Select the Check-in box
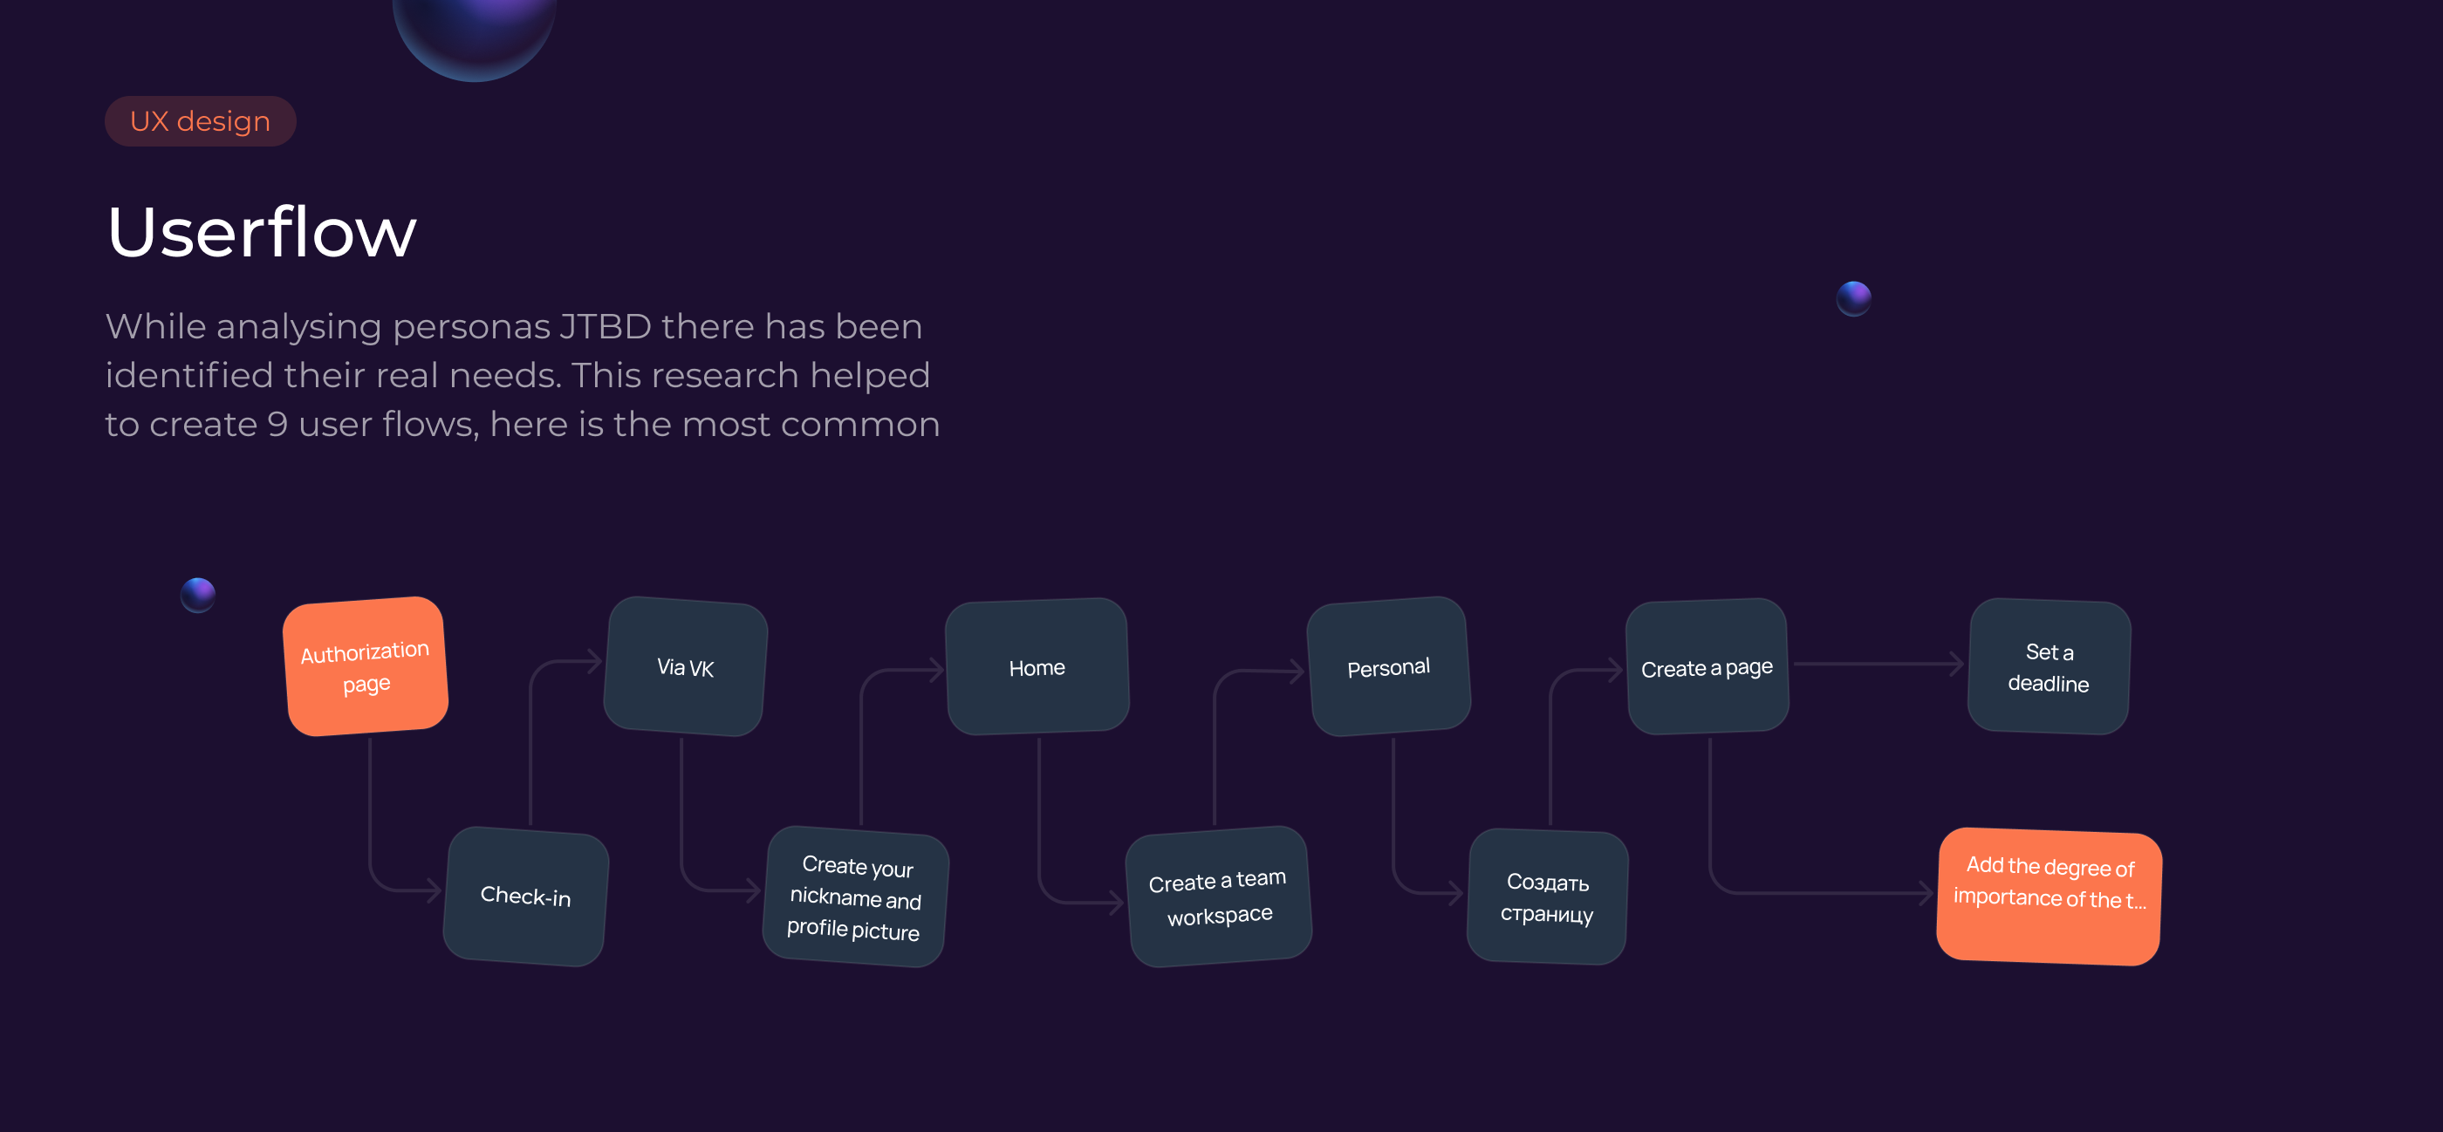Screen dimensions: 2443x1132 click(525, 896)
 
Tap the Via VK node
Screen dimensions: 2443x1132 click(685, 666)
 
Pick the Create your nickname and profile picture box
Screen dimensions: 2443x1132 click(854, 897)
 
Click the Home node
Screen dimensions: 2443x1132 click(1037, 666)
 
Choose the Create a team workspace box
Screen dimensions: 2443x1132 click(1219, 897)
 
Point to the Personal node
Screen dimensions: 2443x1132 click(1389, 666)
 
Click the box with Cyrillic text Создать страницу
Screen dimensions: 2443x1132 click(1548, 897)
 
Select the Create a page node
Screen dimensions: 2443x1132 click(1707, 666)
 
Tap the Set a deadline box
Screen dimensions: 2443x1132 click(2049, 666)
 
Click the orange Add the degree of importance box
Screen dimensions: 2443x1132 click(2049, 897)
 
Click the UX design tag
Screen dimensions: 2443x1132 click(200, 121)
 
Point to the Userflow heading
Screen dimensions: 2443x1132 click(262, 232)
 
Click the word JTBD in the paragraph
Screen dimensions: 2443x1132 click(605, 327)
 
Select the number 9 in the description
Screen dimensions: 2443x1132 click(277, 424)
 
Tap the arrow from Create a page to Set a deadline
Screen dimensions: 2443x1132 click(1878, 664)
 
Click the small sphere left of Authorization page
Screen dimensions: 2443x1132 click(198, 596)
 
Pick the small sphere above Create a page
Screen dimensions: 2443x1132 click(1854, 298)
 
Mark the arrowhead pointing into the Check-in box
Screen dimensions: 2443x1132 click(435, 890)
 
